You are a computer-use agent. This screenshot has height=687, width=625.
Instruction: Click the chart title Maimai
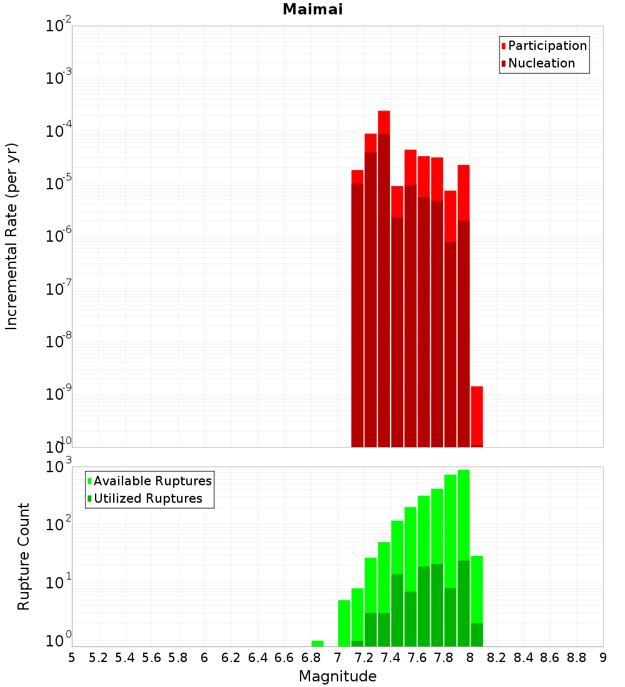[x=312, y=10]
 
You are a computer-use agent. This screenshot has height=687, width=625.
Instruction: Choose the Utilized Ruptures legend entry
[x=147, y=499]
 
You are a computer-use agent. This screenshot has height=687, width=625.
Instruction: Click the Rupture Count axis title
[x=24, y=556]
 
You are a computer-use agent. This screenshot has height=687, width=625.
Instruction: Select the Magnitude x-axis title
[x=337, y=676]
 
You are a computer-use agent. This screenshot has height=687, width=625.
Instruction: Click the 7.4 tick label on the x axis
[x=391, y=658]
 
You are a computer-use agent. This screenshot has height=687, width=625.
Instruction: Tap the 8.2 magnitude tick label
[x=497, y=658]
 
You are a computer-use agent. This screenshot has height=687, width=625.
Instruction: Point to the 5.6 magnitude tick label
[x=151, y=658]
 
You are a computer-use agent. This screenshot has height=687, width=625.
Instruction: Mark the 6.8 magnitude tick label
[x=311, y=658]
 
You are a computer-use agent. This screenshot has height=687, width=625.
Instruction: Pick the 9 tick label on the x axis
[x=603, y=658]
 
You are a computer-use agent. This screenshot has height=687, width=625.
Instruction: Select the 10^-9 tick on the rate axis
[x=59, y=394]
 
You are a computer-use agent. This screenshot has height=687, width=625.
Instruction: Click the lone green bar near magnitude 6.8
[x=317, y=643]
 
